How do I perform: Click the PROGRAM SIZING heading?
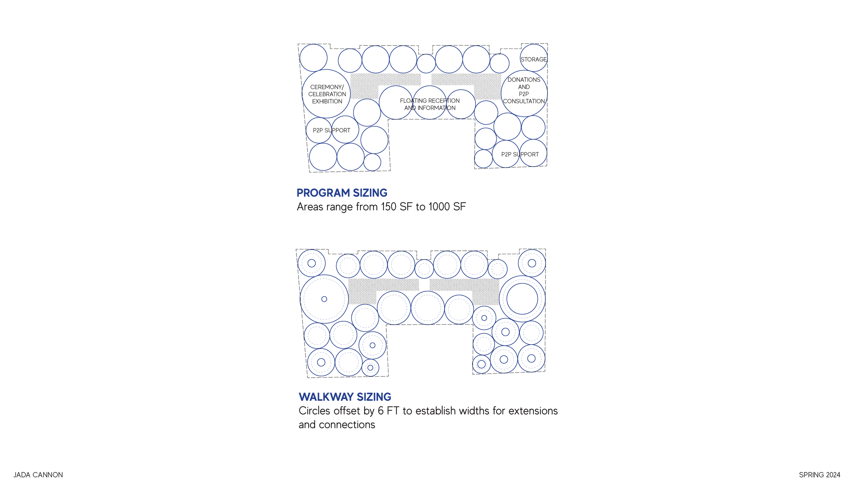[x=342, y=193]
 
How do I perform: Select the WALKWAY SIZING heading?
[x=345, y=397]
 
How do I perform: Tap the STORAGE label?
[x=533, y=60]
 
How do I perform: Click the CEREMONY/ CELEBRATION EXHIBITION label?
[x=327, y=94]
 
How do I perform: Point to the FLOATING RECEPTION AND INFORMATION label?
[x=430, y=104]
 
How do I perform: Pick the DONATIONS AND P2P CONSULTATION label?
[x=524, y=90]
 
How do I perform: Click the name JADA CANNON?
[x=38, y=475]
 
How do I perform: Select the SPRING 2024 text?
[x=819, y=475]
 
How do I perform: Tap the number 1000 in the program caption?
[x=439, y=207]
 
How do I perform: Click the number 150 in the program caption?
[x=388, y=207]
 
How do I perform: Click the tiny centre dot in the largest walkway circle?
[x=324, y=299]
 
